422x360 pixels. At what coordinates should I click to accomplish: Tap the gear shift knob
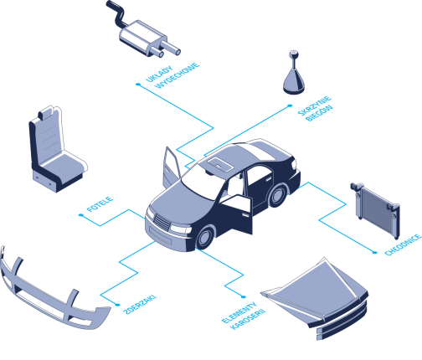[x=294, y=73]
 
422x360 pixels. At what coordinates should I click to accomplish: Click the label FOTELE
[x=100, y=204]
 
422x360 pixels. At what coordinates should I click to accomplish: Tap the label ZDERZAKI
[x=140, y=305]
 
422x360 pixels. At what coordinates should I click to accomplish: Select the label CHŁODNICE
[x=403, y=244]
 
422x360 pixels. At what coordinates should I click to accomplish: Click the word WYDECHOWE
[x=178, y=76]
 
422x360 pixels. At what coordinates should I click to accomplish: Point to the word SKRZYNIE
[x=314, y=105]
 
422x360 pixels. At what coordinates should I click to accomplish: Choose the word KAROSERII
[x=248, y=320]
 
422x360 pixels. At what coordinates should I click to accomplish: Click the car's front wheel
[x=205, y=238]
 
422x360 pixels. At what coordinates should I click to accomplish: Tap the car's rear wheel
[x=278, y=195]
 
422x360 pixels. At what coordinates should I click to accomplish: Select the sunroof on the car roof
[x=219, y=164]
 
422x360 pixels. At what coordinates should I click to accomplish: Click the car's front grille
[x=162, y=222]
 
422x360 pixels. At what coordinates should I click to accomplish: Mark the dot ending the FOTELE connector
[x=81, y=215]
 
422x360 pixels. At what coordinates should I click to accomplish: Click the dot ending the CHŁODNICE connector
[x=374, y=252]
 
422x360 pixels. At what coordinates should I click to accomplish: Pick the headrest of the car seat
[x=48, y=112]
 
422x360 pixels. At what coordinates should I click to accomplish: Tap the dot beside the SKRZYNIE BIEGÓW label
[x=290, y=105]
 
